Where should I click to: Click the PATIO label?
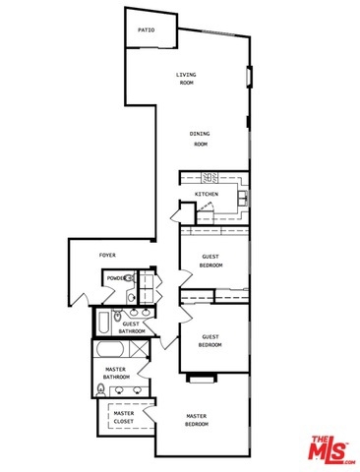(147, 30)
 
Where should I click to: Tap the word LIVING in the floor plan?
(186, 75)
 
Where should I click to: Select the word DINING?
(200, 134)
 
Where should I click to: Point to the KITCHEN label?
(207, 194)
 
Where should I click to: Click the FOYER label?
(107, 255)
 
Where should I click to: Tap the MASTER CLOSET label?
(124, 417)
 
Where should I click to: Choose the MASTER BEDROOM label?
(197, 420)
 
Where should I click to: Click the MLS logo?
(331, 449)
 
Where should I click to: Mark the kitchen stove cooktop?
(210, 178)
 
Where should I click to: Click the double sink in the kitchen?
(243, 199)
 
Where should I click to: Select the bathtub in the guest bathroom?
(104, 323)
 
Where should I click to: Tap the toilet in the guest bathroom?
(117, 316)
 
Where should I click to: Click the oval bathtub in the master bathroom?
(109, 349)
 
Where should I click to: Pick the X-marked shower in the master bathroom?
(139, 349)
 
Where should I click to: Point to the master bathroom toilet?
(101, 389)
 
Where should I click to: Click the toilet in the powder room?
(130, 278)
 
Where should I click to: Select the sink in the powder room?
(131, 298)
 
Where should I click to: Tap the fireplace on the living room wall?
(250, 77)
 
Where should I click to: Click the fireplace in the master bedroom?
(202, 378)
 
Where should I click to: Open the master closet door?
(150, 413)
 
